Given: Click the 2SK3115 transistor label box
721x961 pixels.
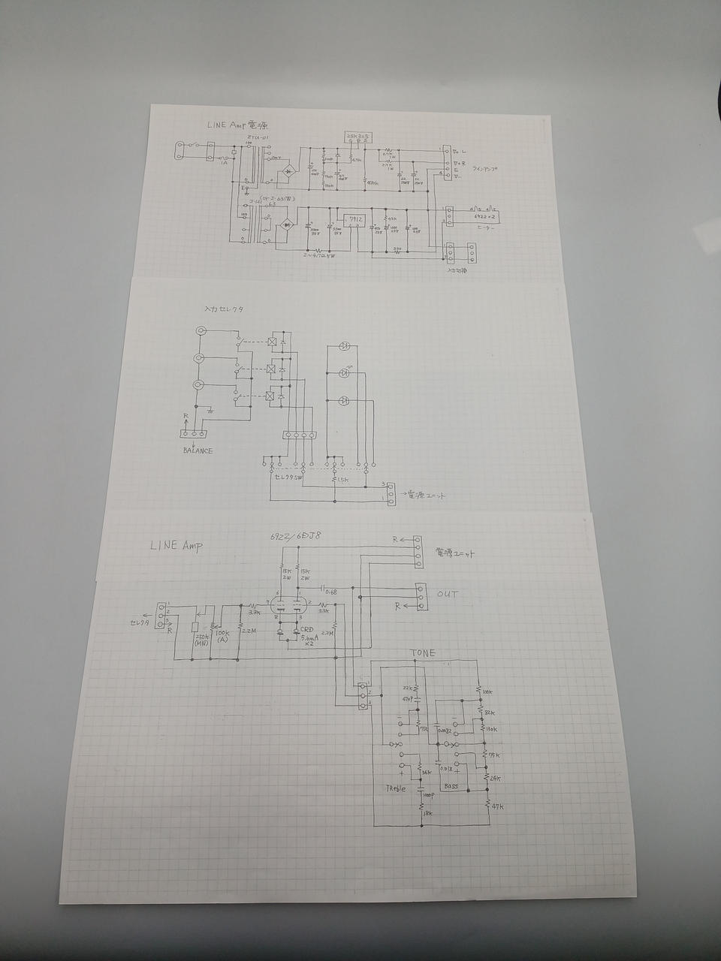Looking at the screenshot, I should tap(355, 136).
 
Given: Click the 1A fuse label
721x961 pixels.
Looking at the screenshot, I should tap(223, 161).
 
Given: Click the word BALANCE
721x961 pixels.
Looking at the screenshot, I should tap(197, 450).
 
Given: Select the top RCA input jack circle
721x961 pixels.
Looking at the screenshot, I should tap(201, 331).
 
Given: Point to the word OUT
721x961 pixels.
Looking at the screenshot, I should tap(448, 595).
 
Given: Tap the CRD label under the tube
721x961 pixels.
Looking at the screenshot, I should tap(309, 629).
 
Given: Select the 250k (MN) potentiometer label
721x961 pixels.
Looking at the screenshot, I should tap(201, 637).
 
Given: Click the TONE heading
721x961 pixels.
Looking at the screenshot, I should tap(423, 654).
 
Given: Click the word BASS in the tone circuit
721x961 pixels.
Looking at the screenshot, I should tap(451, 786).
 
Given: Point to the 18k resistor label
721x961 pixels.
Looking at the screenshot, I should tap(429, 813).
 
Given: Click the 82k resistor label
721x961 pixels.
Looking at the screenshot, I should tap(490, 712).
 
